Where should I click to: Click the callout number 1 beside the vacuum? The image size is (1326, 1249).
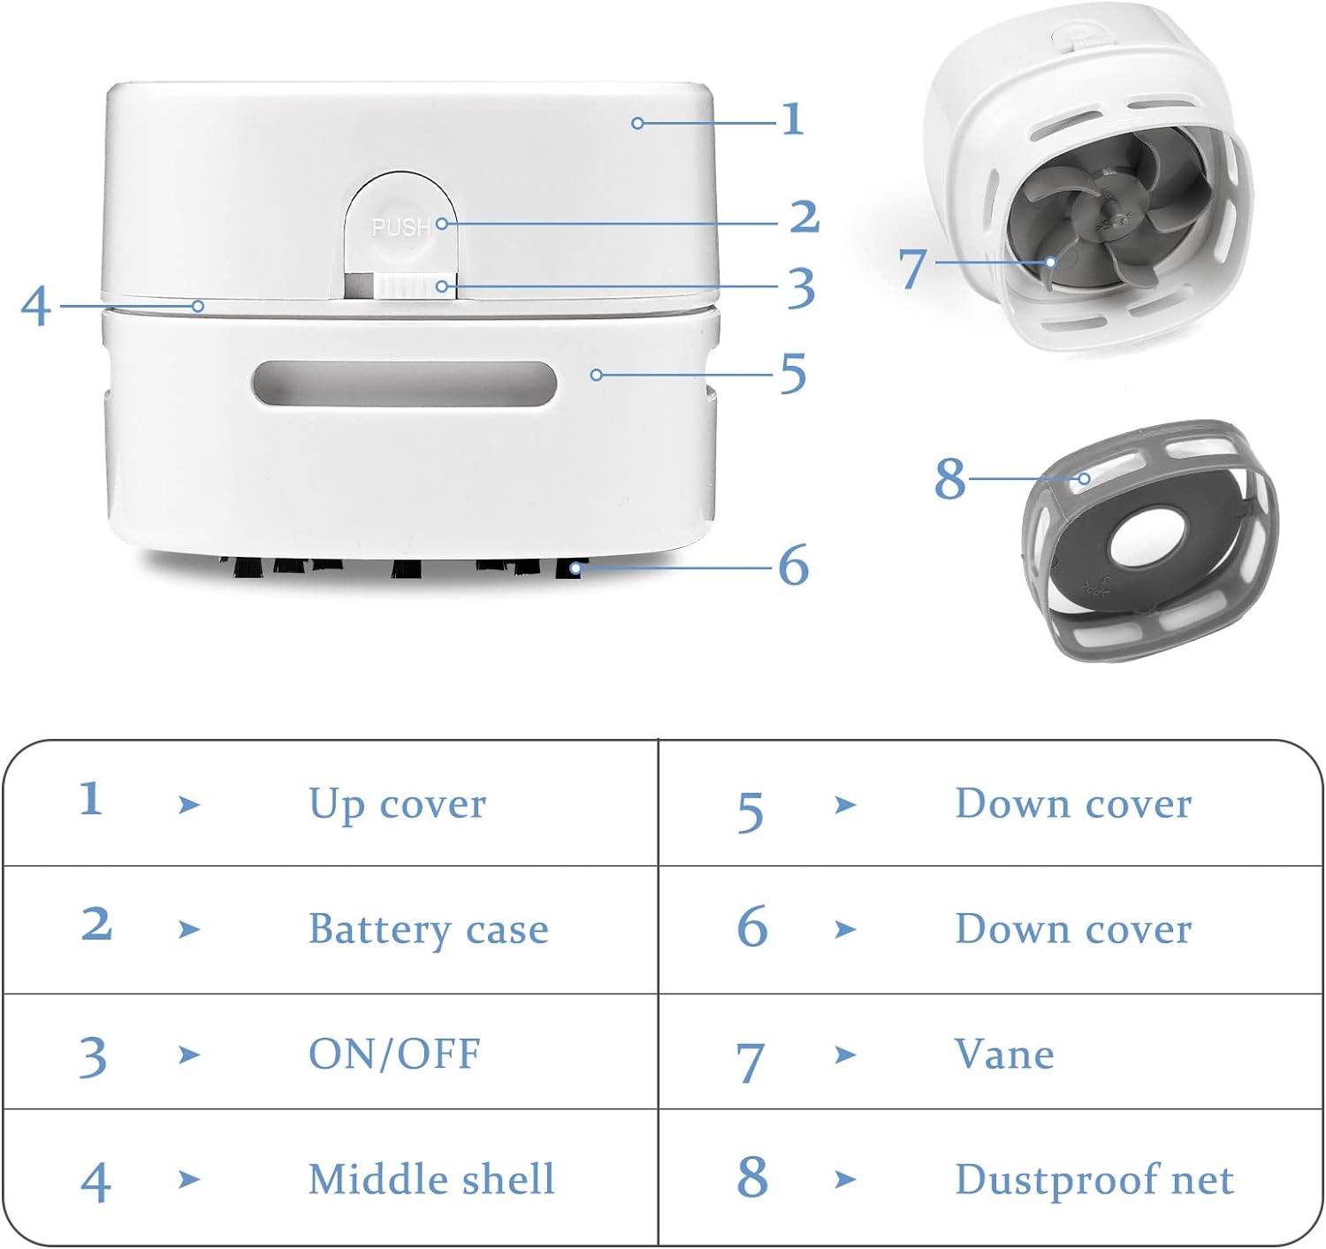793,119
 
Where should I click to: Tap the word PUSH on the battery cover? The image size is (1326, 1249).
400,227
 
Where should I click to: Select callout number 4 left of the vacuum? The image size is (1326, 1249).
35,307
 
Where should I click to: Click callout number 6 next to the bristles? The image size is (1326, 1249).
793,565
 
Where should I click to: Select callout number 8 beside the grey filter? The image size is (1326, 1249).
950,478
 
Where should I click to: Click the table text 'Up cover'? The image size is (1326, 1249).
397,804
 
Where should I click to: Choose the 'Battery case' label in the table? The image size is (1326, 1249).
428,929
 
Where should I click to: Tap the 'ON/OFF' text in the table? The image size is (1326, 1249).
394,1054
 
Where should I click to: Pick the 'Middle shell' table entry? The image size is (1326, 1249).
431,1179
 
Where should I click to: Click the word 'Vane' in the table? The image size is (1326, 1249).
1004,1054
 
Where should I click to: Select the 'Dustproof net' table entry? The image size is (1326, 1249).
1094,1179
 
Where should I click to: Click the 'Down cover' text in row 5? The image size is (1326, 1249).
1073,804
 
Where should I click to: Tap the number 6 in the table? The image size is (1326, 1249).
751,927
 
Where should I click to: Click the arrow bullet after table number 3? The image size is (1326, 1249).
188,1055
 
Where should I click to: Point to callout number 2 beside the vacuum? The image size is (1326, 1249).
804,217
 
